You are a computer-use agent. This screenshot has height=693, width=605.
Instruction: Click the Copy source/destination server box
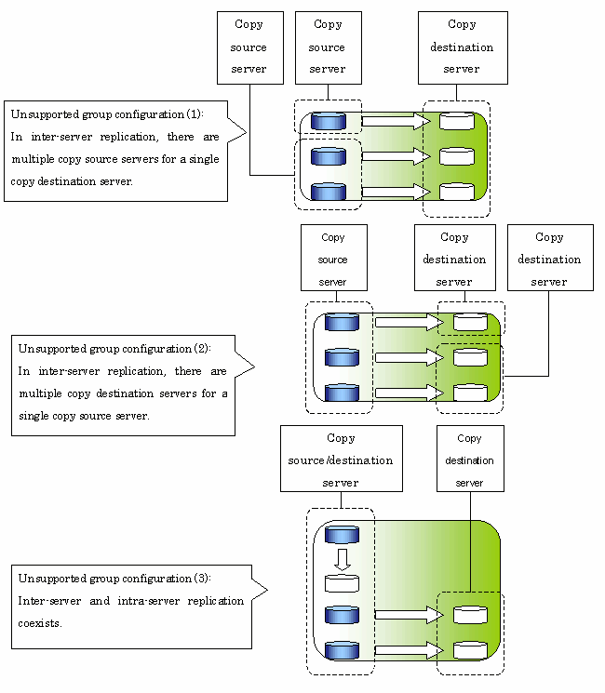click(342, 459)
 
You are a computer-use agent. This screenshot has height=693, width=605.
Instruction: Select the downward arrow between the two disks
click(343, 560)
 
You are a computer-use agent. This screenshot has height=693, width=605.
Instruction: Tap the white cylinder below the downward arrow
click(342, 583)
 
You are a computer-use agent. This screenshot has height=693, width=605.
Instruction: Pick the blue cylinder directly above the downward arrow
click(342, 534)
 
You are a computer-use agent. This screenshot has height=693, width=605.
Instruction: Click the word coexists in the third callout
click(38, 623)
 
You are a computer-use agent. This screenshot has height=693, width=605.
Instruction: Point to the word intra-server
click(149, 601)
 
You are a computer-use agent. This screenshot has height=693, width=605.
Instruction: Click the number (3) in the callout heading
click(201, 578)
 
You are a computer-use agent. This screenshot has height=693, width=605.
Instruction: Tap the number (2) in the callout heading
click(201, 348)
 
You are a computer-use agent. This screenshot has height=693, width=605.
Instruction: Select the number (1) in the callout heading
click(194, 114)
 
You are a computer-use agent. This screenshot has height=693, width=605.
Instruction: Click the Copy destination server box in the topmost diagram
click(463, 47)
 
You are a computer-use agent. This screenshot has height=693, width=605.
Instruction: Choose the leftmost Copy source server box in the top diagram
click(249, 47)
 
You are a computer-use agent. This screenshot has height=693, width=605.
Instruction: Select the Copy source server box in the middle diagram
click(334, 258)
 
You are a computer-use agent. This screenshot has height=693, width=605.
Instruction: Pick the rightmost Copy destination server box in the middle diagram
click(550, 258)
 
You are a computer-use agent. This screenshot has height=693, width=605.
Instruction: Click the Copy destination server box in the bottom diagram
click(470, 459)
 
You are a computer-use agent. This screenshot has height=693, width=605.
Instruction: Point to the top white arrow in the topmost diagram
click(397, 121)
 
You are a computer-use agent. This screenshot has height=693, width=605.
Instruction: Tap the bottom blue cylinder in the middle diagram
click(342, 393)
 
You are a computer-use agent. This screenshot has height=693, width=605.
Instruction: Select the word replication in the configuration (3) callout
click(215, 601)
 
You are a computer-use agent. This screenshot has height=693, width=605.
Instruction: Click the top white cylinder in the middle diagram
click(471, 322)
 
